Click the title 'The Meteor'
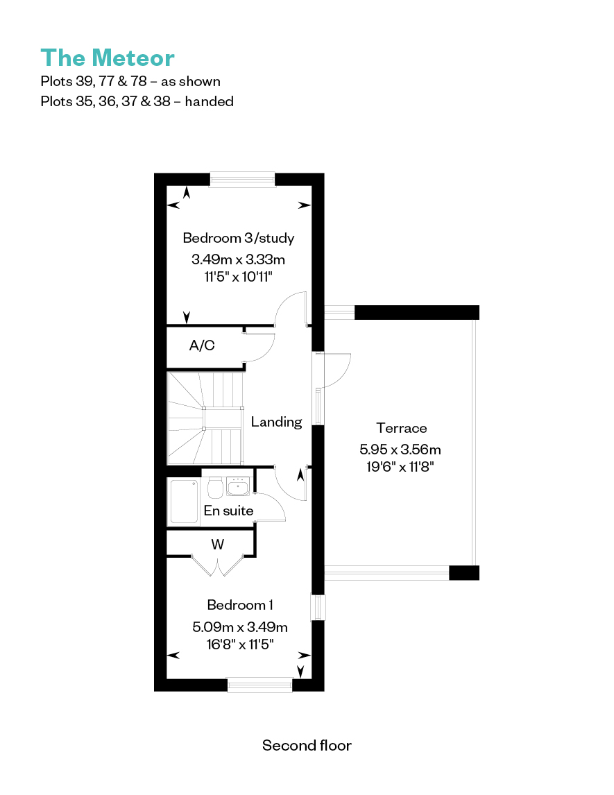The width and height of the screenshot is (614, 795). tap(108, 58)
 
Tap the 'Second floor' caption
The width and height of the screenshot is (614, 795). tap(307, 745)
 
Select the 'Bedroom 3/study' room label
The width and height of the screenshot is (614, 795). tap(238, 238)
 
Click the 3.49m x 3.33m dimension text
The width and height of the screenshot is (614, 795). tap(238, 259)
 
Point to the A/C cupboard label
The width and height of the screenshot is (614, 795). tap(202, 345)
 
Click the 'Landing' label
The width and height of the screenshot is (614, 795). tap(276, 422)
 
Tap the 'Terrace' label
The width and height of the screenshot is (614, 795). tap(402, 428)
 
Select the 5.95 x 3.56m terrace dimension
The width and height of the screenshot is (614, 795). tap(400, 450)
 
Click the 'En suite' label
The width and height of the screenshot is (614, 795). tap(229, 511)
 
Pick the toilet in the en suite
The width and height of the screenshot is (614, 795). tap(216, 487)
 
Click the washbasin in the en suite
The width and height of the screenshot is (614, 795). tap(238, 486)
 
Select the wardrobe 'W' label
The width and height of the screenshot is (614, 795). tap(218, 545)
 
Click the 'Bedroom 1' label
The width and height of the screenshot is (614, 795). tap(240, 605)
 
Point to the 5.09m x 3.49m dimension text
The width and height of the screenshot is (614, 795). tap(240, 627)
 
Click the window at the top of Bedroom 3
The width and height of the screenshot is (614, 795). tap(242, 180)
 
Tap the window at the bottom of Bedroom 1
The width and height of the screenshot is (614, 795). tap(259, 685)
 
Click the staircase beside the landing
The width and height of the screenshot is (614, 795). tap(205, 418)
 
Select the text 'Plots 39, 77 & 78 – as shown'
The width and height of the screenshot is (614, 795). tap(130, 81)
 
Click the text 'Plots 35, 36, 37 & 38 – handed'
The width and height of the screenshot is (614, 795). tap(137, 101)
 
